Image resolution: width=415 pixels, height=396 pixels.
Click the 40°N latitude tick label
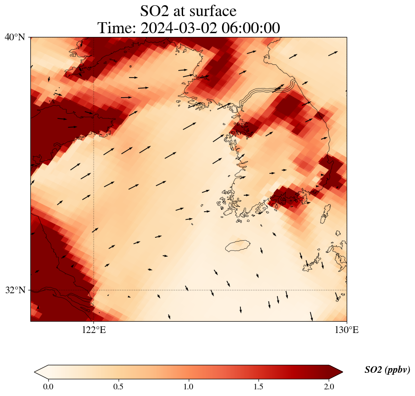coord(15,37)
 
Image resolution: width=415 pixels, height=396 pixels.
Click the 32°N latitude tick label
coord(15,290)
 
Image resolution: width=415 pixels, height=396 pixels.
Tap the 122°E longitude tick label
coord(94,330)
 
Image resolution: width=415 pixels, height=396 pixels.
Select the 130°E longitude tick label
coord(347,330)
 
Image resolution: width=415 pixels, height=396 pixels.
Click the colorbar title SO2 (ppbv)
coord(387,370)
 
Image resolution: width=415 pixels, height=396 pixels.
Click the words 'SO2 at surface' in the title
coord(188,10)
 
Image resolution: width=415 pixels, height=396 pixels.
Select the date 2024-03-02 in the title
coord(176,28)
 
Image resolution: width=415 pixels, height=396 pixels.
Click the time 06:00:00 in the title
coord(251,28)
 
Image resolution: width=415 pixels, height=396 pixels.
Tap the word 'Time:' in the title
coord(117,28)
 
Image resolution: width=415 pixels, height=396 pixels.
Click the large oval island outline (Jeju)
coord(238,246)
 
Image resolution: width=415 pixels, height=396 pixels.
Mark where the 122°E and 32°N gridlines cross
coord(94,290)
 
